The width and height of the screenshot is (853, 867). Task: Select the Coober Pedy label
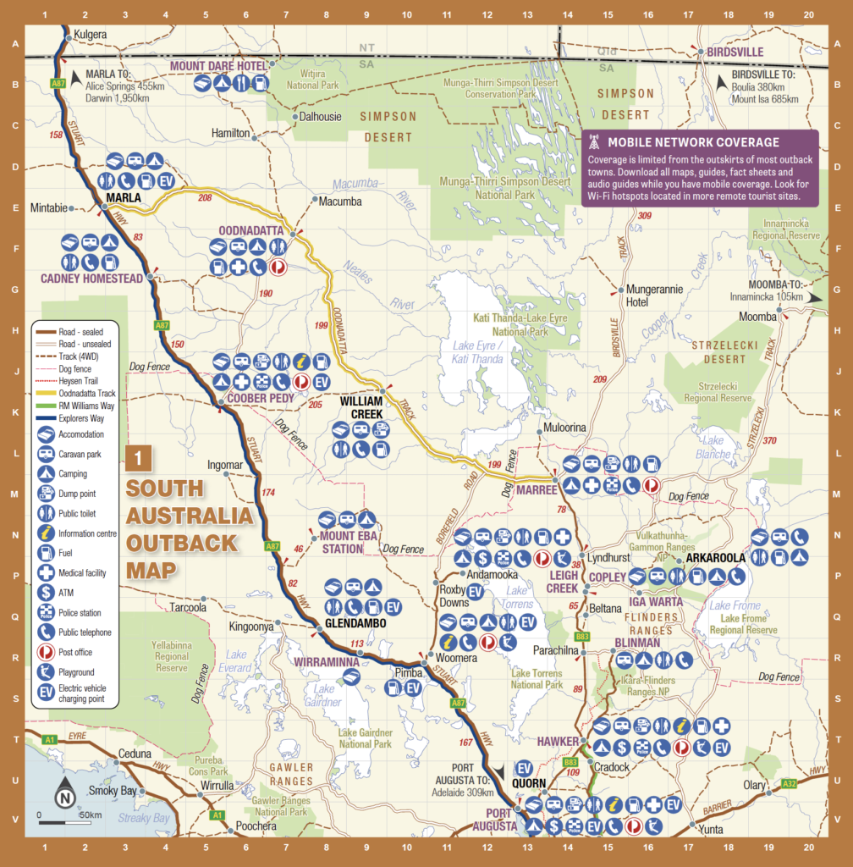pos(255,399)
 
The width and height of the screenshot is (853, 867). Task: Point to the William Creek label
pos(361,407)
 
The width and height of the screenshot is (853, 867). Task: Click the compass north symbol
pos(64,796)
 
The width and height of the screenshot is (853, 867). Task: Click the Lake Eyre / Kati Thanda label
pos(478,352)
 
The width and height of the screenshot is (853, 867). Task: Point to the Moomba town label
pos(757,316)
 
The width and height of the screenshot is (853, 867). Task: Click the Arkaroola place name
pos(716,559)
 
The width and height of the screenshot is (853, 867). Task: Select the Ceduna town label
pos(135,754)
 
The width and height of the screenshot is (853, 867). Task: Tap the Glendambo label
pos(355,623)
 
